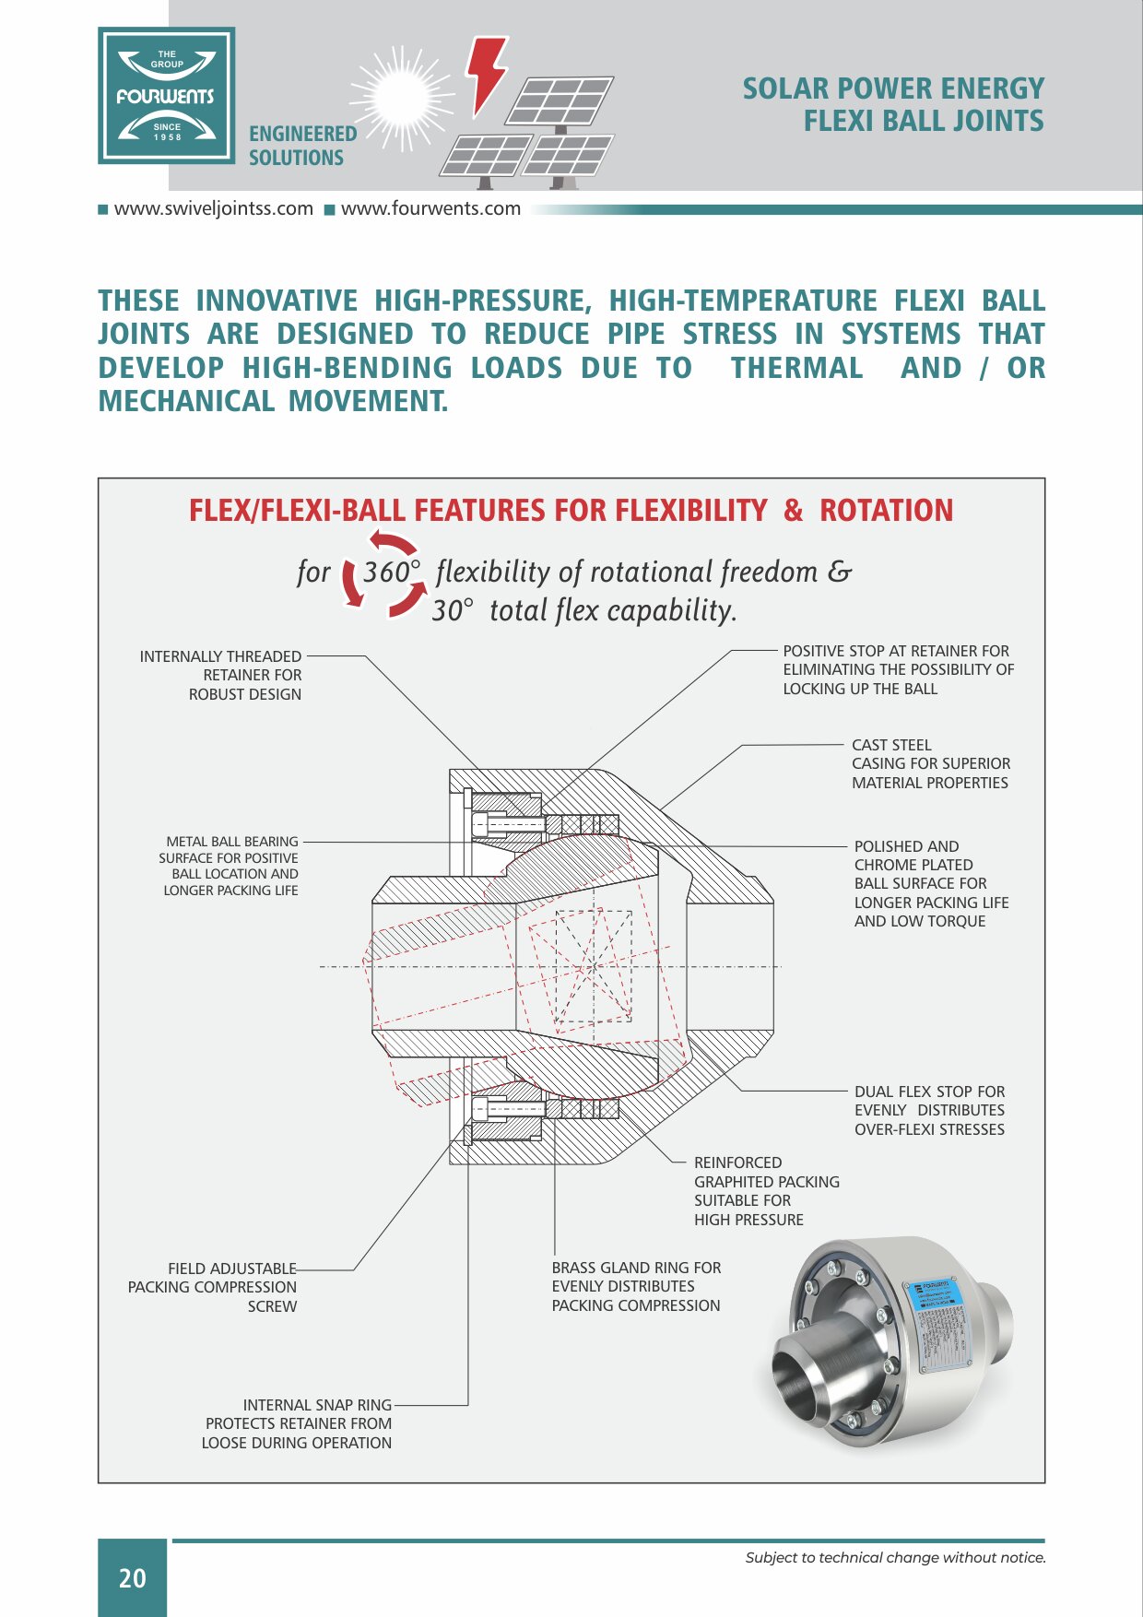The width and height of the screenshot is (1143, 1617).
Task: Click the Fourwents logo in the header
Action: pos(167,96)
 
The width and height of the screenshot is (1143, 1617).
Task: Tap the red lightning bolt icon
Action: pos(486,74)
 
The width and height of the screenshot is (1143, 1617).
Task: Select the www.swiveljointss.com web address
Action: pos(213,209)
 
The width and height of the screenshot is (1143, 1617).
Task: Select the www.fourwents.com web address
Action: pos(430,209)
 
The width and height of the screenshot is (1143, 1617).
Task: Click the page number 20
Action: pos(133,1578)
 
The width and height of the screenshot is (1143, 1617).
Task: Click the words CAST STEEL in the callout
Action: pos(891,745)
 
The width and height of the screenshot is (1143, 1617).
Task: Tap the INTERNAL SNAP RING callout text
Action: pos(317,1405)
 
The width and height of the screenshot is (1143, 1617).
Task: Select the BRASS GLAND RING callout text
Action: pos(636,1269)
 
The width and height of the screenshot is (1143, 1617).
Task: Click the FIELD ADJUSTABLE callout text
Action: pos(232,1269)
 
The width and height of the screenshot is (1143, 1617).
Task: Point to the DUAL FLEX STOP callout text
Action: pos(929,1092)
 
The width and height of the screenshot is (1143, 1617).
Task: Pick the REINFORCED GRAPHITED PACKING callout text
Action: pos(766,1173)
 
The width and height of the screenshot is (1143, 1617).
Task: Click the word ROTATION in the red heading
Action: pos(886,511)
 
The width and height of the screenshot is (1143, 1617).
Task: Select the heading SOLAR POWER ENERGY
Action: pos(893,89)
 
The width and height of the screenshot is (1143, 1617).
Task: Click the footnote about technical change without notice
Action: pos(895,1558)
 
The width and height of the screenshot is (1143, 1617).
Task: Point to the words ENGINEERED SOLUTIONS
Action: pos(302,146)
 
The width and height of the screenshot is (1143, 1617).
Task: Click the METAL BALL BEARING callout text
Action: pos(231,842)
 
